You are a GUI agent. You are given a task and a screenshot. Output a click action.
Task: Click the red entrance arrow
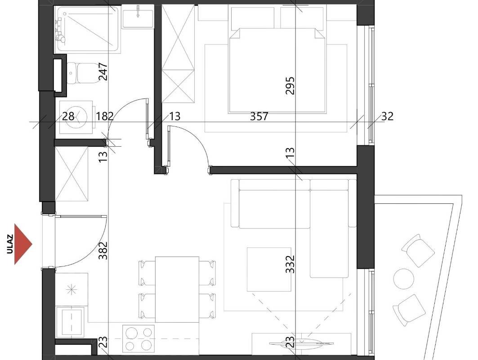(22, 244)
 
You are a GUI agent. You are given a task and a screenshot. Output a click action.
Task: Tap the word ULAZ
(10, 244)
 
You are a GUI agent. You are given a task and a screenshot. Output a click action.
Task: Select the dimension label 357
(259, 116)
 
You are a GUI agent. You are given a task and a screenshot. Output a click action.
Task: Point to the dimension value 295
(290, 86)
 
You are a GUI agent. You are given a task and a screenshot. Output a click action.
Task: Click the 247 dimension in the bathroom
(103, 72)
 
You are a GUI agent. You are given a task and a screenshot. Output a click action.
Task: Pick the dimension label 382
(103, 251)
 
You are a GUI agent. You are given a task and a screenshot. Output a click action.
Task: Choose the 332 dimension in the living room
(290, 264)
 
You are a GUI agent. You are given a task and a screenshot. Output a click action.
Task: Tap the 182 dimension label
(105, 116)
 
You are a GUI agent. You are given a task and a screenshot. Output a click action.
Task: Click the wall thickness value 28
(68, 116)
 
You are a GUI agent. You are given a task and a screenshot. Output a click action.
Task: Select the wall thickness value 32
(388, 116)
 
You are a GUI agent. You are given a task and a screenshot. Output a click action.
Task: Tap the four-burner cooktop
(138, 339)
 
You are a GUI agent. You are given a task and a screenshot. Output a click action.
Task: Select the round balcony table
(404, 279)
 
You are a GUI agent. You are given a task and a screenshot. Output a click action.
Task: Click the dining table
(177, 289)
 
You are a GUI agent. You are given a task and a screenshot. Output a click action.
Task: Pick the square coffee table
(269, 270)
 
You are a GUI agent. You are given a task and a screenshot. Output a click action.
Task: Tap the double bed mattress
(277, 71)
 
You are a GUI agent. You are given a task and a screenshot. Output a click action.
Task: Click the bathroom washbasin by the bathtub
(138, 18)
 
